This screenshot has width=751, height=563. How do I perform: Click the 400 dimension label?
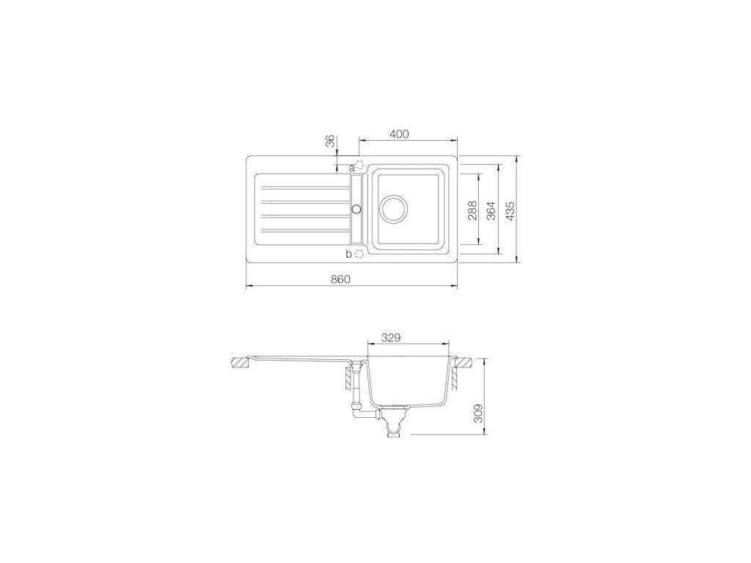click(x=399, y=134)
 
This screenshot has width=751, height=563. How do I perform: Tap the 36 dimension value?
click(x=329, y=141)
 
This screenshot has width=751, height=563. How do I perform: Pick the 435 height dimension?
click(x=510, y=210)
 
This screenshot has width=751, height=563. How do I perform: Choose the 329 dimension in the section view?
click(x=390, y=337)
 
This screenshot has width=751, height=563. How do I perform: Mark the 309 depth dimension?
click(x=477, y=413)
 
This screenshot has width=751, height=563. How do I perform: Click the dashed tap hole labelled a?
click(x=359, y=165)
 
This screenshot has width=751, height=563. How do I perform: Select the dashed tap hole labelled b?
click(x=359, y=254)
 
